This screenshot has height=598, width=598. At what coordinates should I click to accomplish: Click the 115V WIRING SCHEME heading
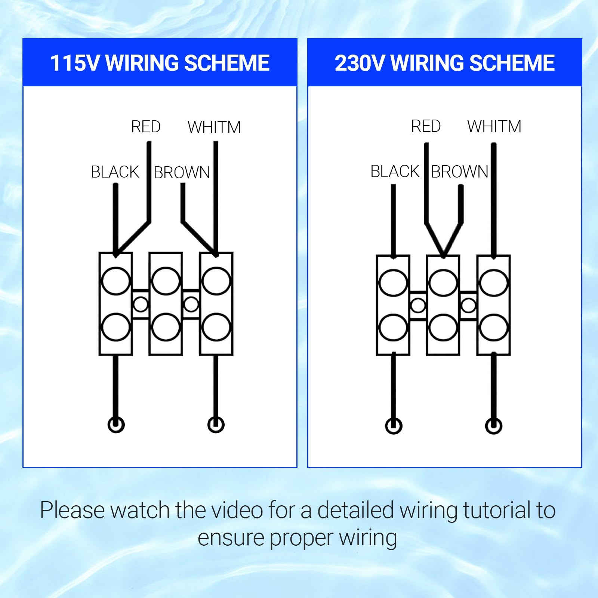tap(160, 63)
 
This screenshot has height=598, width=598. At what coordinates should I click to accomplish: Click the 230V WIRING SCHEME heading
tap(444, 63)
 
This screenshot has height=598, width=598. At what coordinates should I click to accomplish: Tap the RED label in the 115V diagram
tap(146, 127)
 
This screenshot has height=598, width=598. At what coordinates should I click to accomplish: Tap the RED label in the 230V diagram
tap(426, 126)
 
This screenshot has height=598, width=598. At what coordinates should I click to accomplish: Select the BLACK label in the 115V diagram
tap(115, 172)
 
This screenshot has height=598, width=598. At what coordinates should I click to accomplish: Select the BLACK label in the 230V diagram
tap(395, 172)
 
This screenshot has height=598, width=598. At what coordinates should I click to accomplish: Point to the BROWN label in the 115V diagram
tap(182, 173)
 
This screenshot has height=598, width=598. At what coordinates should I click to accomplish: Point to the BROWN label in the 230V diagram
tap(460, 172)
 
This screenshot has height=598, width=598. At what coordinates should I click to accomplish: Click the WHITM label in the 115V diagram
tap(214, 127)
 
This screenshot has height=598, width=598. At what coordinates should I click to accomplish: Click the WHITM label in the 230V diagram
tap(494, 127)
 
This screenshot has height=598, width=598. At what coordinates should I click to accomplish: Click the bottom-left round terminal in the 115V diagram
tap(116, 425)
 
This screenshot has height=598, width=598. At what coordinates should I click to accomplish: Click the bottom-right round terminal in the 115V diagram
tap(216, 425)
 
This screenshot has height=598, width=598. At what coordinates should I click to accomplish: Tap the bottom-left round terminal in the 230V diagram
tap(394, 426)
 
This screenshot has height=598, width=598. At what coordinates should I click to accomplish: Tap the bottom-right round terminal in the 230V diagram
tap(493, 426)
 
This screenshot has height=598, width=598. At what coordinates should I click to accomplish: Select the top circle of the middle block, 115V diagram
tap(166, 281)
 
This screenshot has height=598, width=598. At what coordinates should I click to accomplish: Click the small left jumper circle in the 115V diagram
tap(141, 305)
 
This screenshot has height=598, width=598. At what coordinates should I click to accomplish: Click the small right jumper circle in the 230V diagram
tap(468, 306)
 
